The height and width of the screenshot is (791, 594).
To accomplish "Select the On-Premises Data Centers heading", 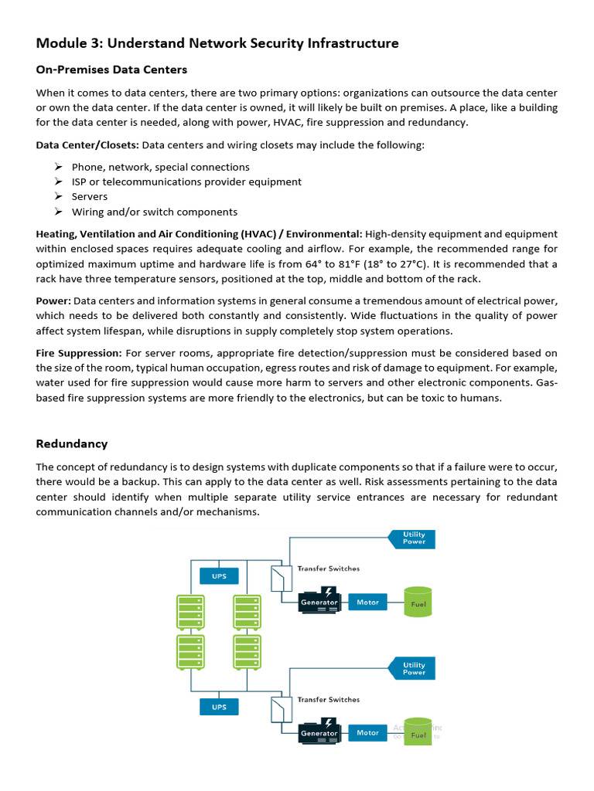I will [111, 70].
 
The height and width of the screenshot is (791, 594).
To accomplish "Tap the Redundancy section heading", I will [72, 444].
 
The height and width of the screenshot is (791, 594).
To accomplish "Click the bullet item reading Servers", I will [90, 197].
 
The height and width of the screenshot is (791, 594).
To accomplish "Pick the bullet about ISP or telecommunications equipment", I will [186, 182].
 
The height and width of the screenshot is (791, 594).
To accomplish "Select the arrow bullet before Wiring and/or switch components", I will [58, 212].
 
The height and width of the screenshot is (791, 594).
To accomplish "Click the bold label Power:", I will [53, 300].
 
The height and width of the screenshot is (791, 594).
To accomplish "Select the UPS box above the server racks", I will [220, 576].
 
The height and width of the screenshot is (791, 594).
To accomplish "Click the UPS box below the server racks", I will [220, 706].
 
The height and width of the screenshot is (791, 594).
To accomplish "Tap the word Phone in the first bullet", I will [87, 167].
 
